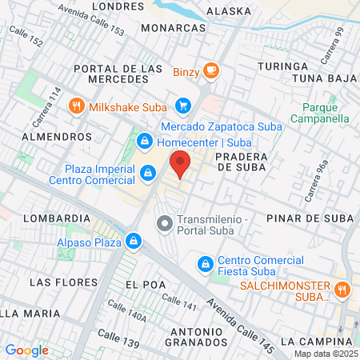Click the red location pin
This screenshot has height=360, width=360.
(x=181, y=163)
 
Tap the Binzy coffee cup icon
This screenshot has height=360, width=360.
(x=210, y=70)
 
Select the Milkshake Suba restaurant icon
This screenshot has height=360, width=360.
(x=76, y=105)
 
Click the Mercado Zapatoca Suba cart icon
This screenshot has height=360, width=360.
(x=183, y=105)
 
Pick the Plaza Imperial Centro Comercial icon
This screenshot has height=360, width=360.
(x=148, y=172)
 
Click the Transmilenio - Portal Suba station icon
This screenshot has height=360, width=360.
(x=164, y=223)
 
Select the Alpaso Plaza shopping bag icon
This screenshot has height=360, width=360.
(x=133, y=240)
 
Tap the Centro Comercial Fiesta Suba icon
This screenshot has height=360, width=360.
(x=205, y=263)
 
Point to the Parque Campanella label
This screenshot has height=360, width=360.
(x=326, y=112)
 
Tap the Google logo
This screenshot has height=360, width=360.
(x=26, y=350)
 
